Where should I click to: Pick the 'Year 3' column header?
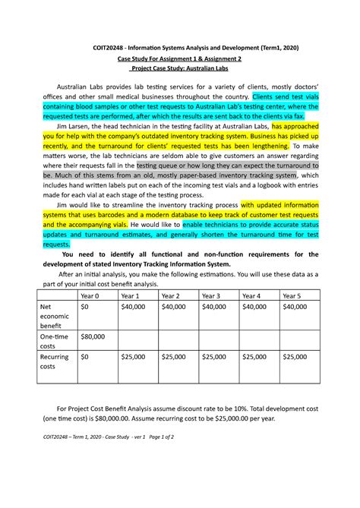tap(213, 295)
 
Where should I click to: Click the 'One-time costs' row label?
tap(54, 341)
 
